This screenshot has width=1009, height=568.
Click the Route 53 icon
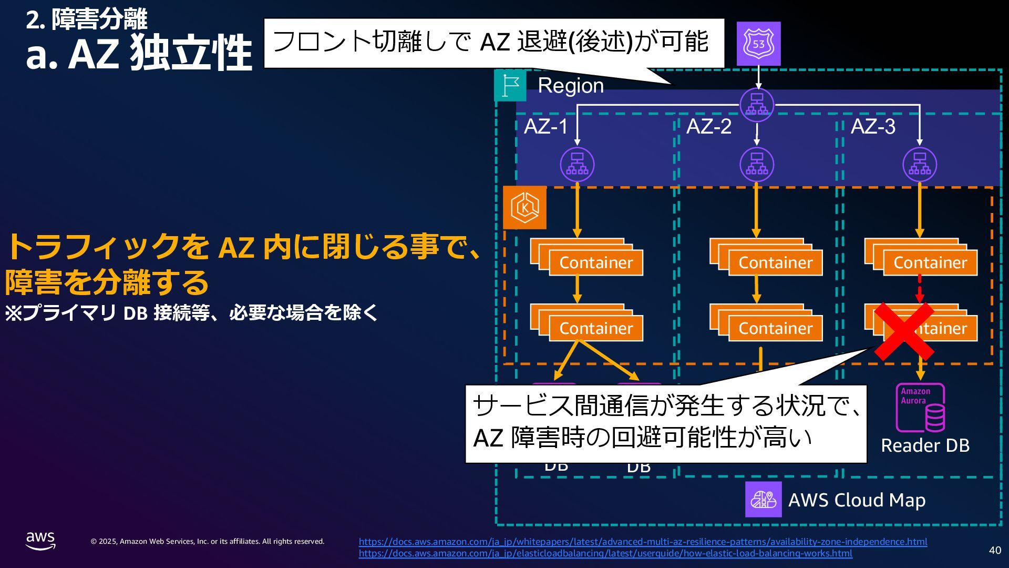point(758,44)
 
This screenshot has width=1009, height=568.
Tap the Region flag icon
point(510,85)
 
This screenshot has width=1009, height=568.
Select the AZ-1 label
point(545,127)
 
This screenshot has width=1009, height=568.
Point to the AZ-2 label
point(708,127)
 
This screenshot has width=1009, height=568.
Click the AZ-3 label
point(872,127)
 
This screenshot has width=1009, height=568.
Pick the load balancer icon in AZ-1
point(577,165)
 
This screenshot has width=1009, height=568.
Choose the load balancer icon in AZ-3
point(919,165)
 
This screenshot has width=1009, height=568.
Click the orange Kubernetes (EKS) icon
point(524,208)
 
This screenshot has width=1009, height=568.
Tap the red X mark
point(904,331)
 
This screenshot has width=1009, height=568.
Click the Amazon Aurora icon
point(920,408)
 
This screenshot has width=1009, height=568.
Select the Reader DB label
point(925,445)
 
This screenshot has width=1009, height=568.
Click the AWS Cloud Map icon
point(763,499)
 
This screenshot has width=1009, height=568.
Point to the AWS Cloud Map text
point(857,500)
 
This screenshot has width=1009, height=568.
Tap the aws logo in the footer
point(40,540)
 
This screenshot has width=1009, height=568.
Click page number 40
point(995,550)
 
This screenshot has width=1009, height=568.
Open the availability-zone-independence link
point(643,542)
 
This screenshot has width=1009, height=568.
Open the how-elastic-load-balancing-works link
point(605,553)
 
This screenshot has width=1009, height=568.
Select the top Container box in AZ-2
point(775,262)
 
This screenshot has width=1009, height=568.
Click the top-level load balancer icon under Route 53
point(757,104)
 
